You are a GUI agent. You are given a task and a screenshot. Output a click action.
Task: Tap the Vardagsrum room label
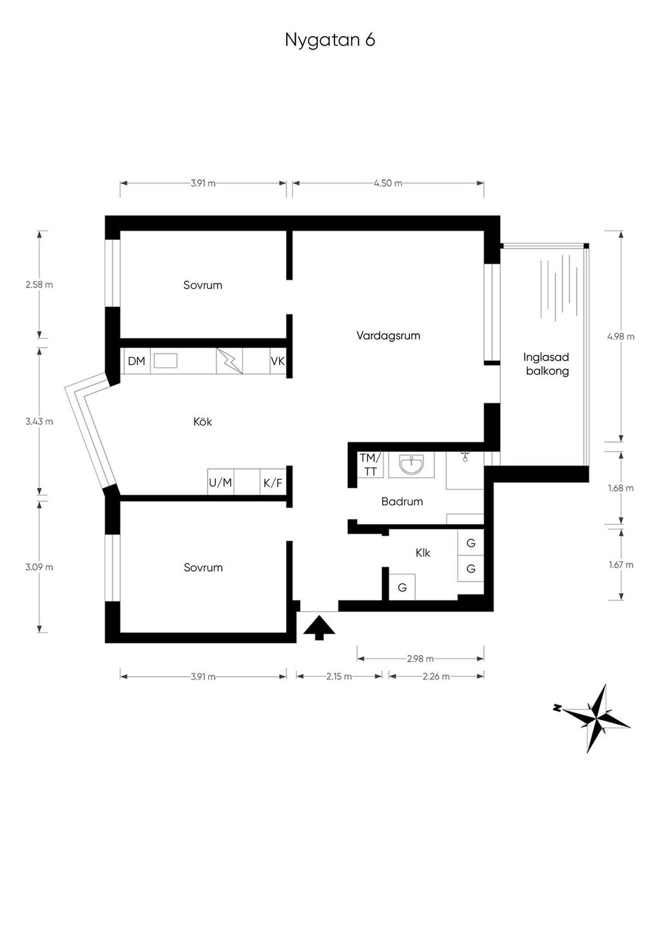tap(388, 336)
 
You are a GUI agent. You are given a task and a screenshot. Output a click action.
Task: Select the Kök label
tap(202, 422)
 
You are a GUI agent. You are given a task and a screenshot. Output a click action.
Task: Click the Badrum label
tap(402, 501)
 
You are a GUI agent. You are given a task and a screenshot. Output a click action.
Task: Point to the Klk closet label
tap(423, 553)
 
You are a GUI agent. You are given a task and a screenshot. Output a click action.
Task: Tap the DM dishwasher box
tap(137, 361)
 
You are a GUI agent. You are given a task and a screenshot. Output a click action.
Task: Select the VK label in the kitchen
tap(278, 361)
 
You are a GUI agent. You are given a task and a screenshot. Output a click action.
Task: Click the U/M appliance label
tap(220, 483)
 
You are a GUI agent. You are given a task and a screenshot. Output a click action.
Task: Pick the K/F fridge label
tap(273, 483)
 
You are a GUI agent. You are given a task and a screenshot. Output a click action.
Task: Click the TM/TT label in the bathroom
tap(370, 465)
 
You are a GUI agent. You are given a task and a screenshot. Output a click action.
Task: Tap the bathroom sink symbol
tap(411, 464)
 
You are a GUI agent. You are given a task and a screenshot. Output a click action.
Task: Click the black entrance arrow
tap(319, 628)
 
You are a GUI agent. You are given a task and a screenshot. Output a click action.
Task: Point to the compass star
tap(597, 718)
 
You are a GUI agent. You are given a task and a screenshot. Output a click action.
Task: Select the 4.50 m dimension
tap(388, 184)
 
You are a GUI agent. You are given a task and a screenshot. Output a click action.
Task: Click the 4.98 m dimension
tap(621, 336)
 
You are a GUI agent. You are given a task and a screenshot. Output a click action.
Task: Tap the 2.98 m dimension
tap(420, 659)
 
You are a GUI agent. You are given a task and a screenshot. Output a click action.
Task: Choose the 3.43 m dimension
tap(39, 422)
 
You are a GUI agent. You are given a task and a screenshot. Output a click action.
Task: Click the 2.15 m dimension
tap(339, 676)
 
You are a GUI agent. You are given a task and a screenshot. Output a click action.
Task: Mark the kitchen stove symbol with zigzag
tap(229, 361)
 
